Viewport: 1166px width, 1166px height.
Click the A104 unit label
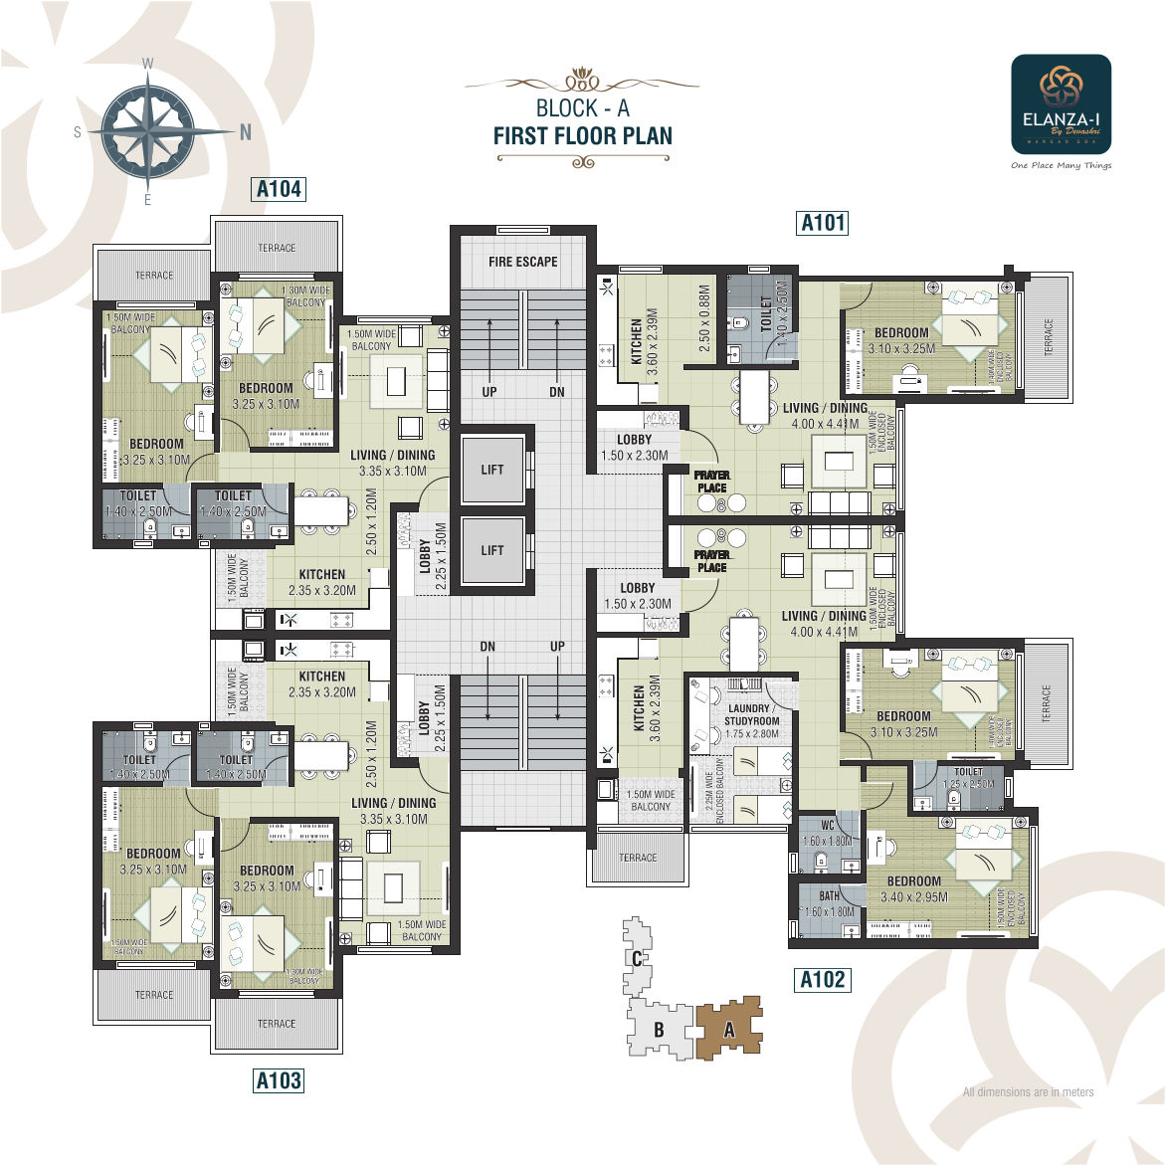click(x=278, y=189)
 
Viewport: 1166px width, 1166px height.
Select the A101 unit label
click(x=823, y=222)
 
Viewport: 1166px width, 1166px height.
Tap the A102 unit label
click(x=823, y=979)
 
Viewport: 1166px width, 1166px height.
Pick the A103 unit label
click(x=278, y=1079)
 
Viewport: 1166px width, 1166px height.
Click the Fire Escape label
click(x=522, y=262)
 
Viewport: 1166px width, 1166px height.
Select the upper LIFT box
click(x=492, y=470)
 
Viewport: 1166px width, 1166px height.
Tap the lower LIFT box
click(x=492, y=550)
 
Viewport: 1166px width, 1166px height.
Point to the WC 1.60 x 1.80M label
click(x=828, y=833)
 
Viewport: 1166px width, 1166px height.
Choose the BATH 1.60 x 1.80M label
click(x=829, y=903)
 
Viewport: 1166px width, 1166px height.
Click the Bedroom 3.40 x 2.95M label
click(x=913, y=888)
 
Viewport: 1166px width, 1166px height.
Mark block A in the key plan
click(x=728, y=1031)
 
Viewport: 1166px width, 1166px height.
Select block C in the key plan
click(x=636, y=959)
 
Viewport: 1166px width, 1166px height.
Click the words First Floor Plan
click(x=582, y=136)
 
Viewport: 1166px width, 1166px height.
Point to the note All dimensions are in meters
click(x=1028, y=1091)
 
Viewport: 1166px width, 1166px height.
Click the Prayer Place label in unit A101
click(x=711, y=482)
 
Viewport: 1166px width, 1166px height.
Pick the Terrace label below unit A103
click(x=277, y=1023)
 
